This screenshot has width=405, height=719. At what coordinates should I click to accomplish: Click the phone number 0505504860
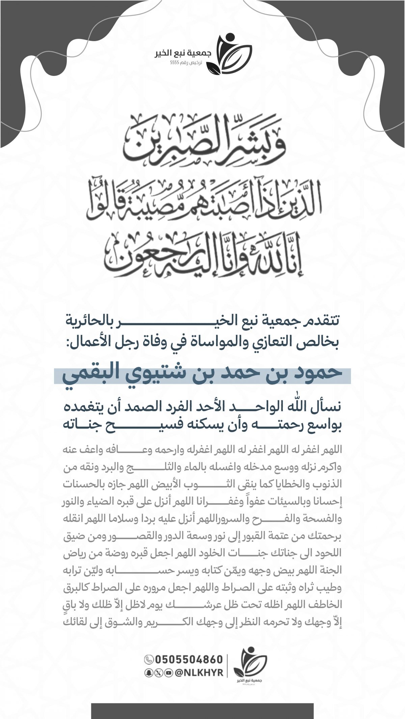coord(189,659)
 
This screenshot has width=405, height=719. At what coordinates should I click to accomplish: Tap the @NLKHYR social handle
coord(199,673)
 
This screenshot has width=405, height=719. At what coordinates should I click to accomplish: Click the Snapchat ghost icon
coord(148,673)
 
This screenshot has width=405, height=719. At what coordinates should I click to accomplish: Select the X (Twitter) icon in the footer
coord(158,673)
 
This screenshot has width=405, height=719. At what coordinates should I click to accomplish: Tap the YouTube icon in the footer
coord(168,673)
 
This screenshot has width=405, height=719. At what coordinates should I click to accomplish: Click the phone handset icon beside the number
coord(148,659)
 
